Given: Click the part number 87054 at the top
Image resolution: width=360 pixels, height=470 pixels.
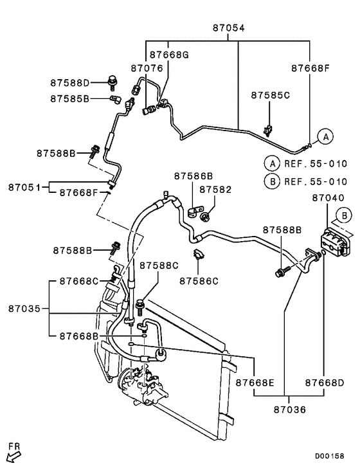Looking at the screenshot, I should [x=228, y=28].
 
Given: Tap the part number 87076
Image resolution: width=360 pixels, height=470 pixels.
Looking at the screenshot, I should [x=147, y=68].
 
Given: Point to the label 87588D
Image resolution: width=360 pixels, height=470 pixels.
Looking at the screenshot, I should [x=71, y=82].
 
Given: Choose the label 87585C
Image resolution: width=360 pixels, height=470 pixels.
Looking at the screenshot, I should [x=270, y=95].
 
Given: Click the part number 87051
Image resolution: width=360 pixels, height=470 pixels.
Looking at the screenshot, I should [x=25, y=187].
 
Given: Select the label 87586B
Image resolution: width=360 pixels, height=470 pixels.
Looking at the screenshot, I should [x=193, y=175].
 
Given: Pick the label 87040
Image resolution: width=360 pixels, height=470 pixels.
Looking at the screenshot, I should [x=328, y=199].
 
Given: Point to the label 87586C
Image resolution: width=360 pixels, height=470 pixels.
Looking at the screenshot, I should [x=199, y=280].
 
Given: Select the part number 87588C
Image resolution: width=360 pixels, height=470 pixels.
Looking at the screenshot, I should [x=159, y=265].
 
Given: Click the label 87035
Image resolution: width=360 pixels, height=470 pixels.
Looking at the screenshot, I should [x=25, y=309].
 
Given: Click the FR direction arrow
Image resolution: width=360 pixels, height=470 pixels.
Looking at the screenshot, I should [x=13, y=455].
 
